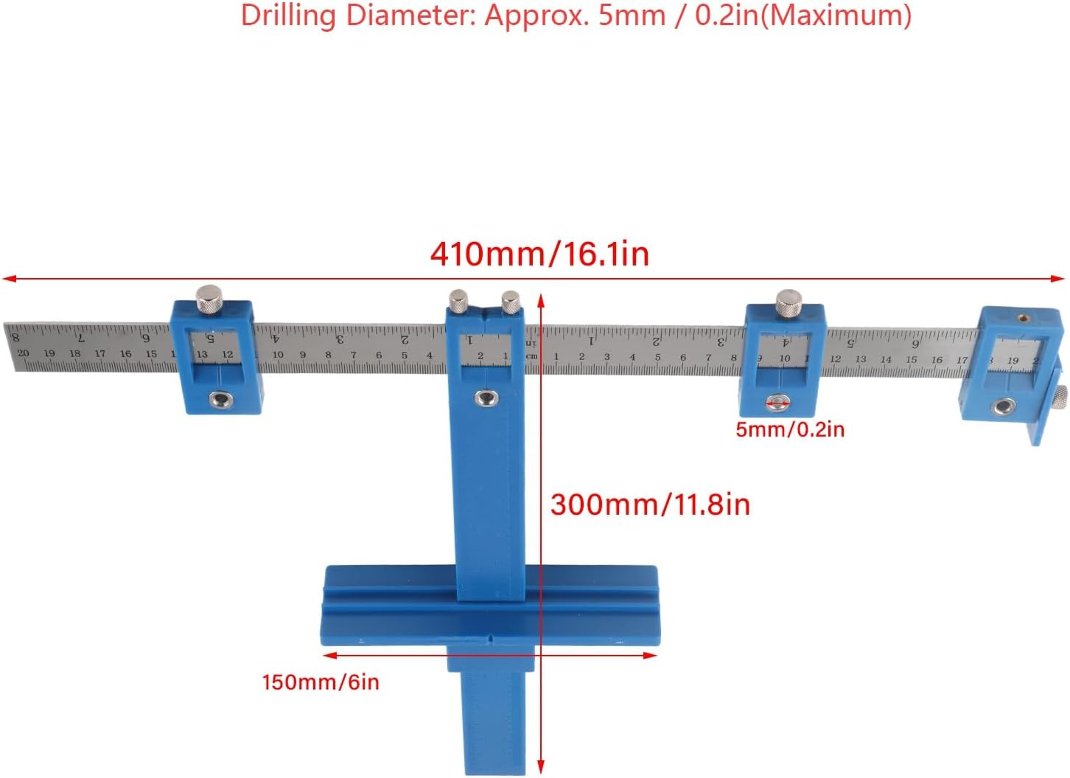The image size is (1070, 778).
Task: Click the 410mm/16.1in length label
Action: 539,254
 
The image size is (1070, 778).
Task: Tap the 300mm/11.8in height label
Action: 650,505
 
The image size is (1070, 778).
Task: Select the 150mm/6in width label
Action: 321,682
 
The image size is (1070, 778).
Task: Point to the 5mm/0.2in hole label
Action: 790,430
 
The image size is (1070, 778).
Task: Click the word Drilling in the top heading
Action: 289,15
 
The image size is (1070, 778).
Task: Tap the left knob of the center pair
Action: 458,301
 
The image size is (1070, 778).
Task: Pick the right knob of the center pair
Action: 511,301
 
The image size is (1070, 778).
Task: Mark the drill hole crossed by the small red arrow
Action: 777,403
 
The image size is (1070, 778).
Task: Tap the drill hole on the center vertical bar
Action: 485,398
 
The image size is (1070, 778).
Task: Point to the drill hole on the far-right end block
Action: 1003,406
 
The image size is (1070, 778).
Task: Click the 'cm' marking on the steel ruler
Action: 531,356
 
